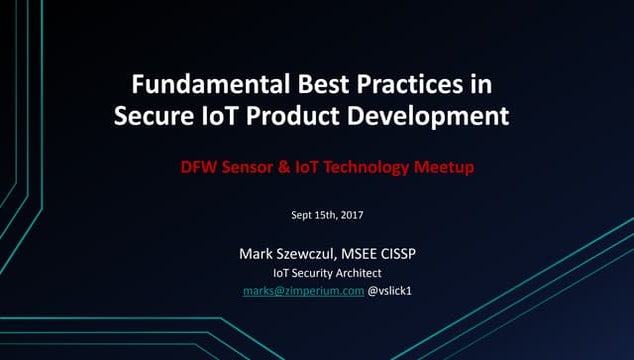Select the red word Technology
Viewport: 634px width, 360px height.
coord(366,167)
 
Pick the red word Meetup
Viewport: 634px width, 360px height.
coord(443,167)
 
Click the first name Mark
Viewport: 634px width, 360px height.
coord(256,253)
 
